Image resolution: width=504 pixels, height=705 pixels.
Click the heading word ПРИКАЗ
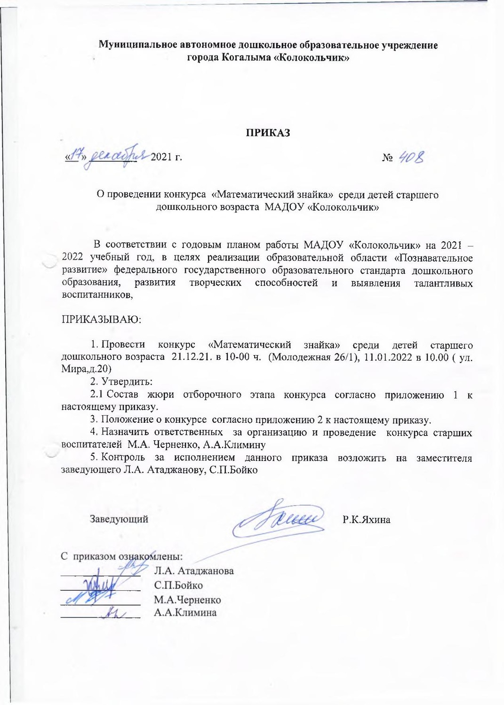pos(266,133)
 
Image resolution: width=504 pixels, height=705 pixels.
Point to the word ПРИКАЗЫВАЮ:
pos(101,320)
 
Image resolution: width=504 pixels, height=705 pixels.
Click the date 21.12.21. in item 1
pos(192,357)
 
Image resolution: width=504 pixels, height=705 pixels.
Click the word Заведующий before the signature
pos(119,519)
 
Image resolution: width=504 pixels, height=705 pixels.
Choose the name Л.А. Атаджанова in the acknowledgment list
pos(194,571)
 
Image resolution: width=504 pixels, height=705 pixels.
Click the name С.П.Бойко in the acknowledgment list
pos(178,585)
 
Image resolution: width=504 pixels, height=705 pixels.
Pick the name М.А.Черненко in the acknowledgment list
pos(187,600)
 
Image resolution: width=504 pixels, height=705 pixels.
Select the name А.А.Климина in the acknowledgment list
pos(185,612)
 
